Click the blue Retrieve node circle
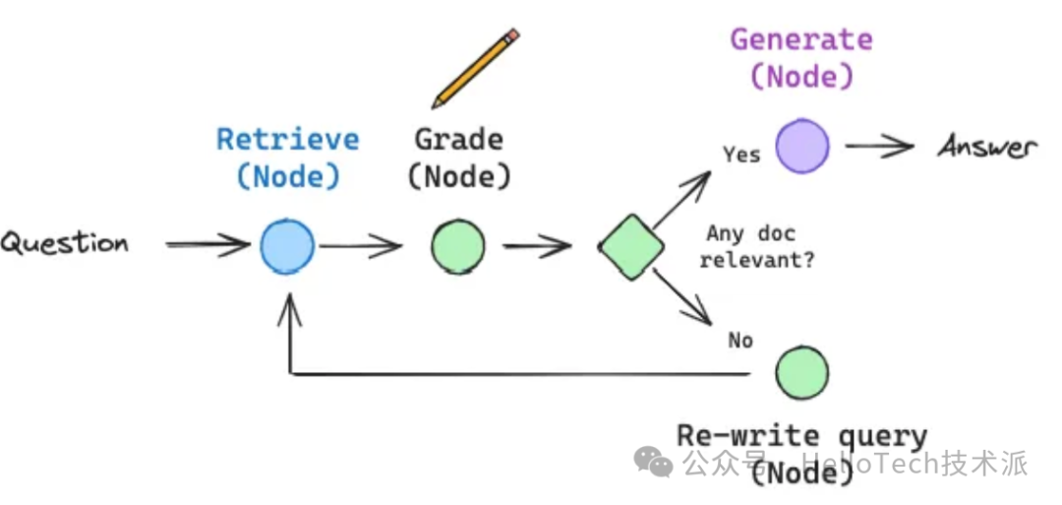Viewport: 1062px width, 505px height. point(287,246)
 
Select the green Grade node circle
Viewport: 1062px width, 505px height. point(457,246)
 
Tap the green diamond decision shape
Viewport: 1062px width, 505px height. point(631,247)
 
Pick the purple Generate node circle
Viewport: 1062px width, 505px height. point(802,147)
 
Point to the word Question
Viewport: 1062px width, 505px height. point(65,243)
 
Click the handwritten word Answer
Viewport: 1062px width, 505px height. point(986,148)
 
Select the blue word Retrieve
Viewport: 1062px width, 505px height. point(288,139)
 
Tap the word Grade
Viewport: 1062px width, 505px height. point(459,139)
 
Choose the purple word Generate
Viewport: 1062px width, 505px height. point(801,40)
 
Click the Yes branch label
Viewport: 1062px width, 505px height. point(741,155)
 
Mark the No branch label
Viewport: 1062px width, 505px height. point(740,340)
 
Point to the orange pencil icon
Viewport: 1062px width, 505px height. point(476,69)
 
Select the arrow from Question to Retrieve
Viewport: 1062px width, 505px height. point(207,244)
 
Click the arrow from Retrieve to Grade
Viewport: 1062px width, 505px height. point(361,246)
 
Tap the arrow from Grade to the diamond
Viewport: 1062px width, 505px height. point(537,246)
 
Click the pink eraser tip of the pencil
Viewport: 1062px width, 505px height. point(512,36)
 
